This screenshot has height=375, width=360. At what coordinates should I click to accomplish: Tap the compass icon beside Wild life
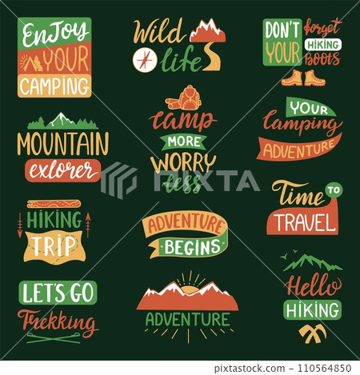(143, 58)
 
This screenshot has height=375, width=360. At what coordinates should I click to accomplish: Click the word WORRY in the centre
(182, 161)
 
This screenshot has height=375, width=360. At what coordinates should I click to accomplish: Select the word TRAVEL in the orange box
(301, 219)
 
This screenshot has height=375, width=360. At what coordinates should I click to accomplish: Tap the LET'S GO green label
(57, 293)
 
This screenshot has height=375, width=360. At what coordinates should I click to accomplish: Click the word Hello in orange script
(312, 285)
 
